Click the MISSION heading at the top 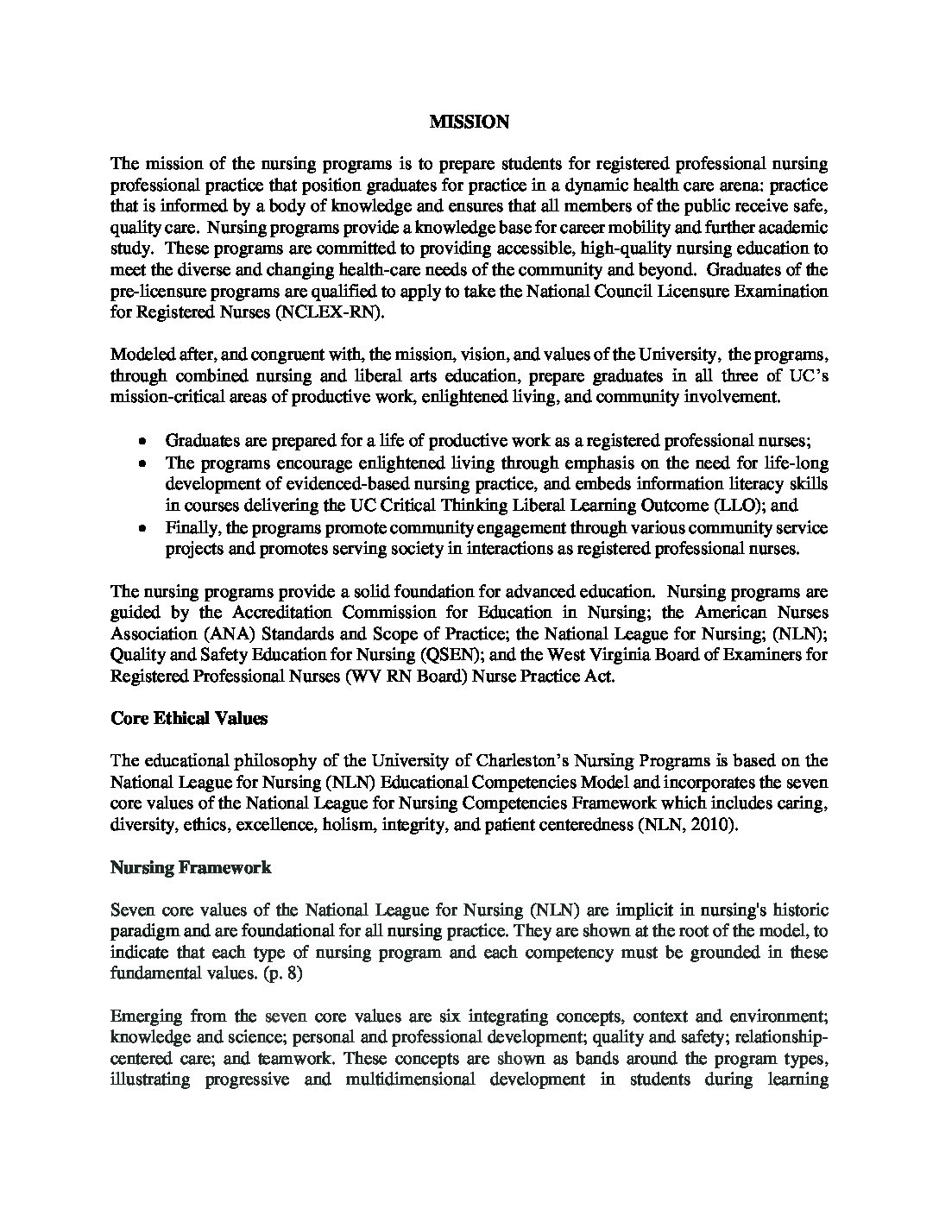pos(469,123)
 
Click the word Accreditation pos(280,613)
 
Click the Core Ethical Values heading pos(189,718)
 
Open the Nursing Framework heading pos(191,867)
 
